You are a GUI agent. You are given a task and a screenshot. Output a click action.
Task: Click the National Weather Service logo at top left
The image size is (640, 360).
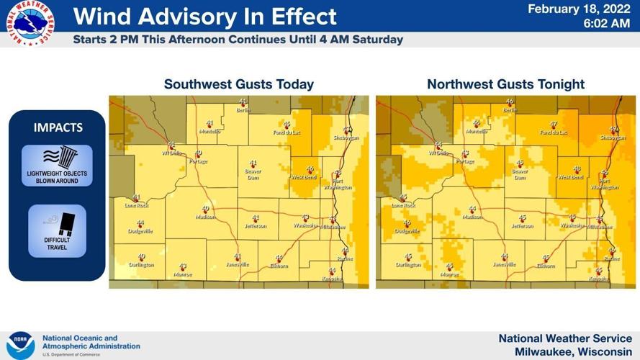pos(30,24)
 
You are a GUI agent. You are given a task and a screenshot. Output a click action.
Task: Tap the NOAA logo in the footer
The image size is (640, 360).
pos(20,345)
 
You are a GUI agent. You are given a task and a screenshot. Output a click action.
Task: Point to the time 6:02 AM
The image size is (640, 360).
pos(606,23)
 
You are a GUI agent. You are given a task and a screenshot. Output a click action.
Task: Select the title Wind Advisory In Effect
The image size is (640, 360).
pos(204,17)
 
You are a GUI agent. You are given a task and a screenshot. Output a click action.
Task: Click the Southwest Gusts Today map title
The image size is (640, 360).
pos(238,84)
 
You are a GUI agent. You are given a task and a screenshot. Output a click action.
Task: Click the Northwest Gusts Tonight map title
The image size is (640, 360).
pos(505,84)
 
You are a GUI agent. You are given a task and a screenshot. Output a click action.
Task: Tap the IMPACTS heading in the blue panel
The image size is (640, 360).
pos(58,127)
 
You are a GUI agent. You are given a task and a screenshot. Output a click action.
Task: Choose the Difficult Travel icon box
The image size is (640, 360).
pos(57,230)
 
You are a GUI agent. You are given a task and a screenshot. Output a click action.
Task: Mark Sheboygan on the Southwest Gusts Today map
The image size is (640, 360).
pos(346,137)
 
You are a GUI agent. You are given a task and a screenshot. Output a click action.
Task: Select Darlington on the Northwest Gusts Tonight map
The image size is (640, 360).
pos(408,264)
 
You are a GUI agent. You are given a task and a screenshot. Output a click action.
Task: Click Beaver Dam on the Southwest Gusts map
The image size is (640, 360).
pos(253,174)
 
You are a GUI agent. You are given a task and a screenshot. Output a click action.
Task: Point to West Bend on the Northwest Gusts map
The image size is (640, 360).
pos(570,176)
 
